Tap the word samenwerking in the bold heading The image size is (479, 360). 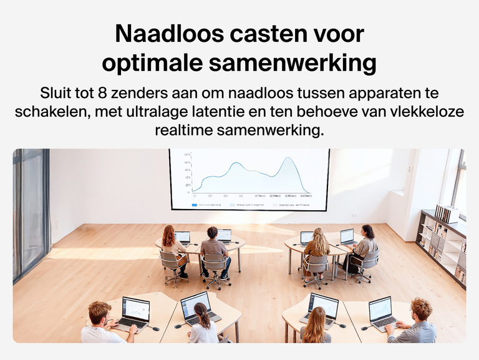293,63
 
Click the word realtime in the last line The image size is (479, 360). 183,131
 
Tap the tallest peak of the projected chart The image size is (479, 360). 288,160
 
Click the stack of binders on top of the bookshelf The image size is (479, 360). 447,213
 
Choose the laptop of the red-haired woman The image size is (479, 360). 183,237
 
